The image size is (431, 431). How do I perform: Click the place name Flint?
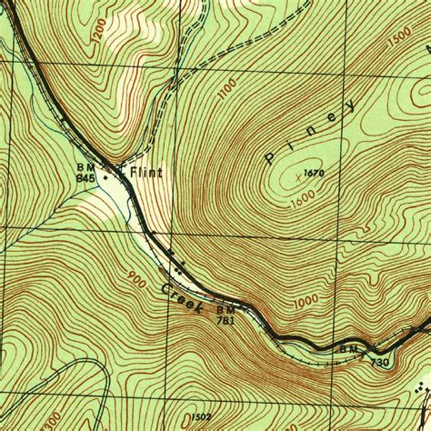click(147, 170)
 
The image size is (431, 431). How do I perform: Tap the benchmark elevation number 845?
click(86, 178)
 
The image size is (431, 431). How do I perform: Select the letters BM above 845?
click(86, 167)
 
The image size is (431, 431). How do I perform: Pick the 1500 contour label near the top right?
click(399, 42)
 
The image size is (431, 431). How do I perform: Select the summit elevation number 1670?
click(315, 173)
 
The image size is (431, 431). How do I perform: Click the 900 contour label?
click(136, 276)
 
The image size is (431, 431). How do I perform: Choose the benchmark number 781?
click(226, 319)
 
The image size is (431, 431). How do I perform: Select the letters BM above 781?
click(225, 309)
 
